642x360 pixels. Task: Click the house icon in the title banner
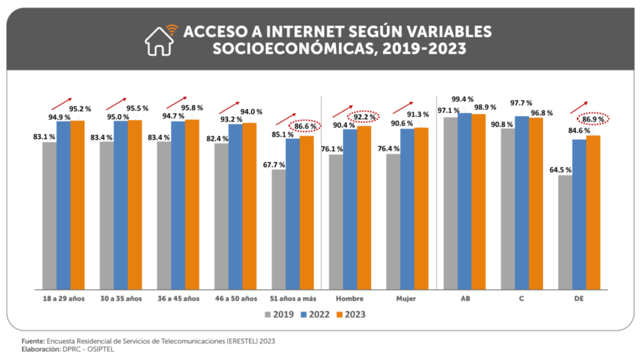pos(160,40)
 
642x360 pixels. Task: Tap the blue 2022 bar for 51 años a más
pos(293,213)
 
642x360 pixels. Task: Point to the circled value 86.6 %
pos(305,126)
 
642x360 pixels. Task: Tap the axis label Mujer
pos(406,299)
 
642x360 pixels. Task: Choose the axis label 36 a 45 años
pos(179,299)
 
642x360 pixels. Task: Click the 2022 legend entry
pos(316,314)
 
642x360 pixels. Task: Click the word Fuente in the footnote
pos(34,341)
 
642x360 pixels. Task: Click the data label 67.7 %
pos(273,165)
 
